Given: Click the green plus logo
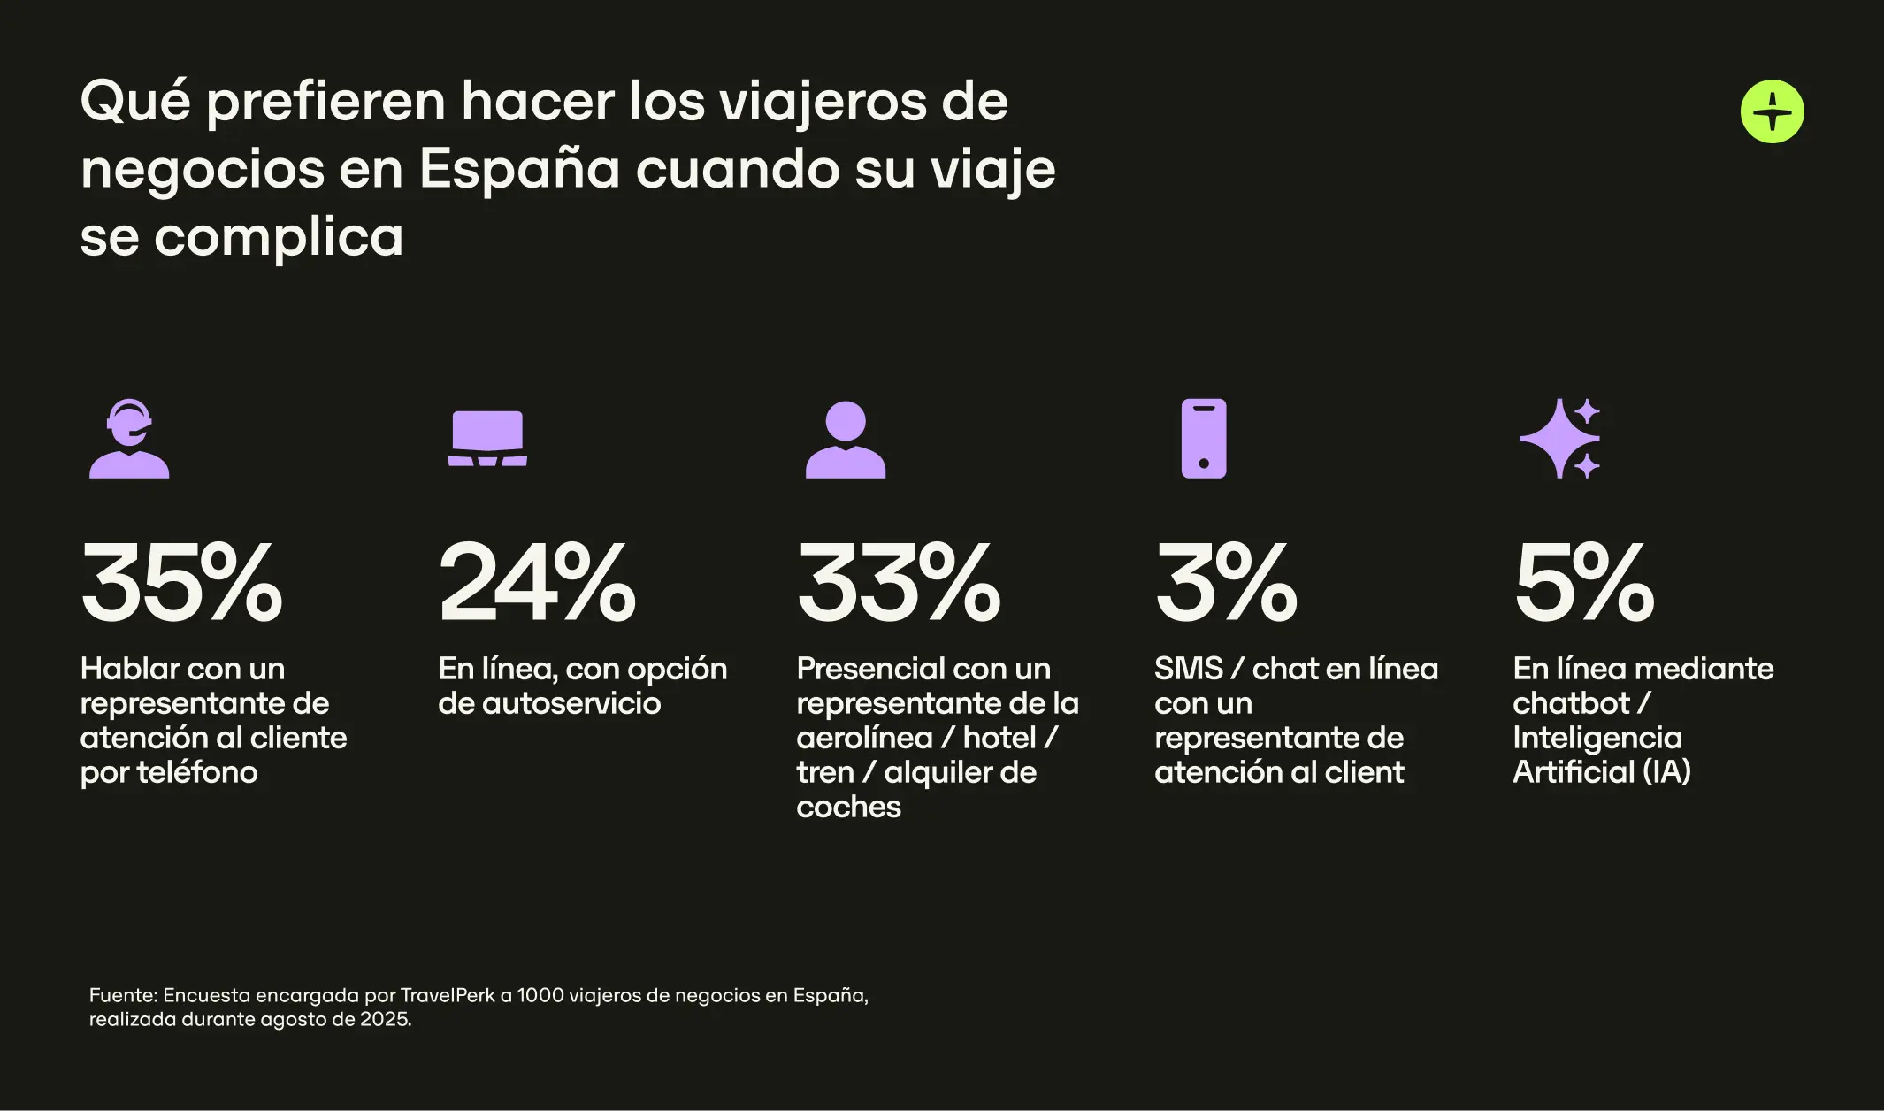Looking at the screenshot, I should [x=1772, y=111].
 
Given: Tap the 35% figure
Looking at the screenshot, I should [x=181, y=583].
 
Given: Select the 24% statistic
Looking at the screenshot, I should [x=537, y=583].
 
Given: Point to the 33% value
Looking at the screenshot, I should [x=899, y=583].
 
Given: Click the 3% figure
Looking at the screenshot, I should [x=1226, y=583].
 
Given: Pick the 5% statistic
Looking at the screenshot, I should [x=1583, y=583].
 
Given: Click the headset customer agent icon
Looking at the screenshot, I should [x=129, y=439].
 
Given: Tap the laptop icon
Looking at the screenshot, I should [x=487, y=439].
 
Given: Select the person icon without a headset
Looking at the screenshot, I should [x=845, y=440].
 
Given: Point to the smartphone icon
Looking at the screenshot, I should [x=1204, y=439].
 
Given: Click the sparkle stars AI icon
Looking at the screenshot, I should [x=1560, y=439].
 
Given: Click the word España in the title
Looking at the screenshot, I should [x=519, y=169].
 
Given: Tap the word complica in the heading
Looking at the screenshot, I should [x=279, y=237].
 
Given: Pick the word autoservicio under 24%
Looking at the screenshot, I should [x=571, y=703].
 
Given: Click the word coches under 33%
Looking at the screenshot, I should [x=848, y=807].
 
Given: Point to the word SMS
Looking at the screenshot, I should [x=1188, y=669].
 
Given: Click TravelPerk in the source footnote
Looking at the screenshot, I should [x=448, y=995].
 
